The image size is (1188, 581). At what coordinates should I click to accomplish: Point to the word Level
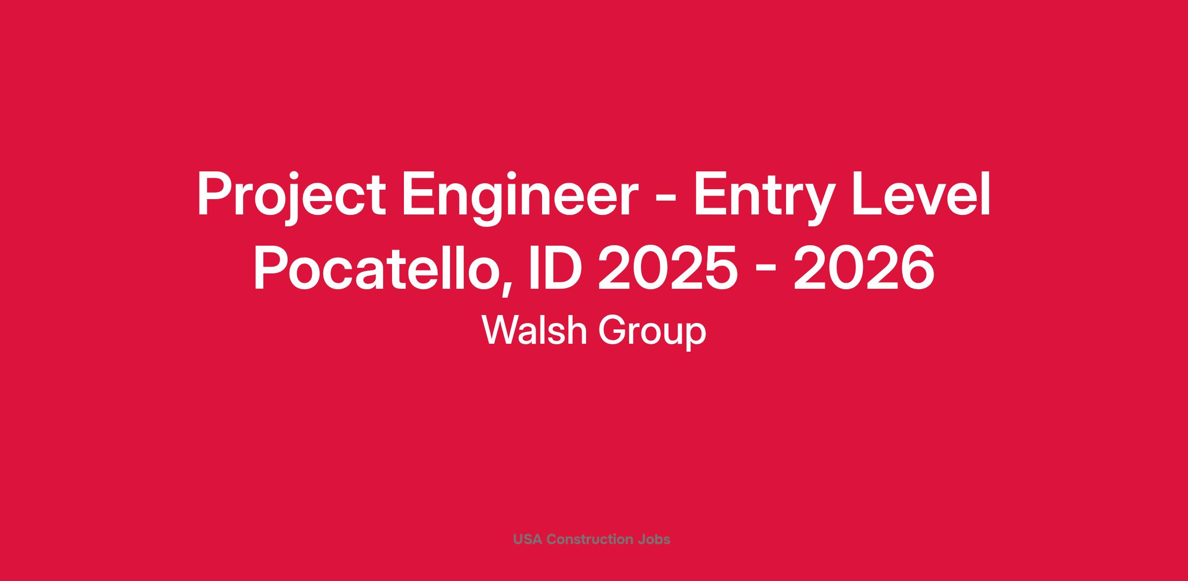pyautogui.click(x=920, y=194)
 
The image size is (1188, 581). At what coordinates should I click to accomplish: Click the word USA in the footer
pyautogui.click(x=528, y=539)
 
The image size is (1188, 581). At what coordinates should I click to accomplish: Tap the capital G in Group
pyautogui.click(x=612, y=330)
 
